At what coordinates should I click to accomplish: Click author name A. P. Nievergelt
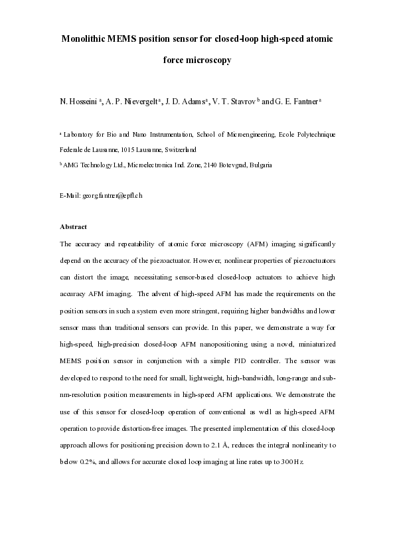click(131, 102)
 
